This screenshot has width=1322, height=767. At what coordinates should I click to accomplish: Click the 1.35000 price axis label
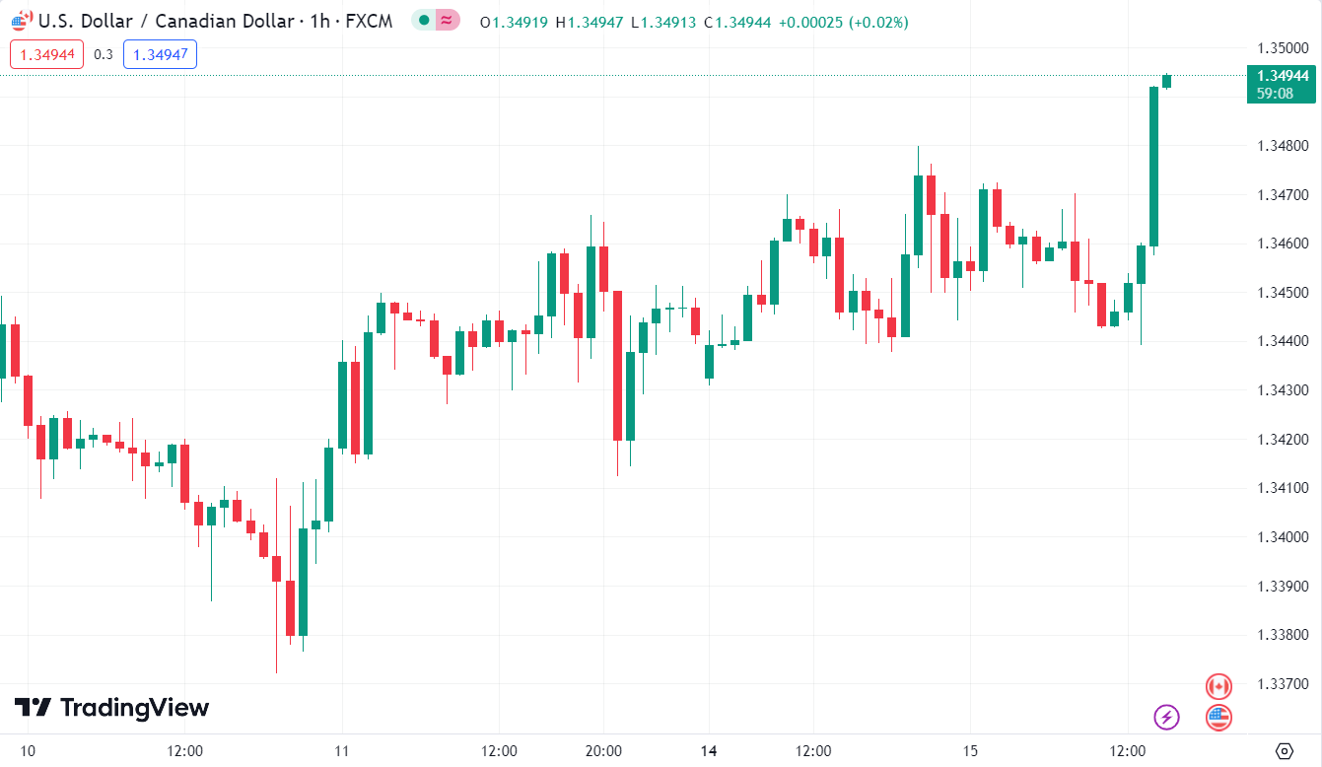pos(1283,47)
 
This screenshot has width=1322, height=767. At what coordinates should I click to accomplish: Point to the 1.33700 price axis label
pos(1283,683)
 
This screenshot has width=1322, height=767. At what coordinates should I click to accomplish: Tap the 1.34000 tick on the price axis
pos(1283,536)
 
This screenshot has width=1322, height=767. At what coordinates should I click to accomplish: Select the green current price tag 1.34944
pos(1281,84)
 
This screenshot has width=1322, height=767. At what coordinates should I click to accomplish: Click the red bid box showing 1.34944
pos(47,55)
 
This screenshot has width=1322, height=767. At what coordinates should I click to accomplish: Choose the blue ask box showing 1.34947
pos(160,55)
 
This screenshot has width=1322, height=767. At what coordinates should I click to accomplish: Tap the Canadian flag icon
pos(1219,686)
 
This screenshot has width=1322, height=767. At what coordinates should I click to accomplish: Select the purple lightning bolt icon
pos(1167,717)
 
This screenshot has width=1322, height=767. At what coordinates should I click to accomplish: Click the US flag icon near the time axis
pos(1219,717)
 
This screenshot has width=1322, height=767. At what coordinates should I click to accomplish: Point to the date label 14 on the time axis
pos(709,751)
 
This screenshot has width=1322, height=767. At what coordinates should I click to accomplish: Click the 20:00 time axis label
pos(603,751)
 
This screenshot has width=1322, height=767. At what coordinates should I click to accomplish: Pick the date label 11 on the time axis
pos(342,751)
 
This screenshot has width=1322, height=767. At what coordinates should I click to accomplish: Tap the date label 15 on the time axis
pos(970,751)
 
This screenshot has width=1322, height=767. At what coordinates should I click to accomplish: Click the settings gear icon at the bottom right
pos(1284,751)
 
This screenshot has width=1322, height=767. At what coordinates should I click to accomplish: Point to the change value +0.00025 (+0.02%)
pos(844,22)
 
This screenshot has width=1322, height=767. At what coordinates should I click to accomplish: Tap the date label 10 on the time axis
pos(28,751)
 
